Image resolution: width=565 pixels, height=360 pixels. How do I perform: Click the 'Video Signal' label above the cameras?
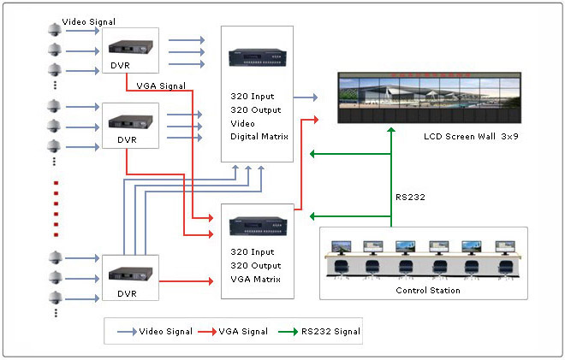pos(90,20)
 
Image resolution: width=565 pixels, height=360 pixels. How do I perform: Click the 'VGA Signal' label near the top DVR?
pos(161,86)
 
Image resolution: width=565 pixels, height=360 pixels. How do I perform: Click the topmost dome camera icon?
pos(54,30)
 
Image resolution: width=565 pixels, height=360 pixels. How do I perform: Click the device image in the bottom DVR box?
pos(126,274)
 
